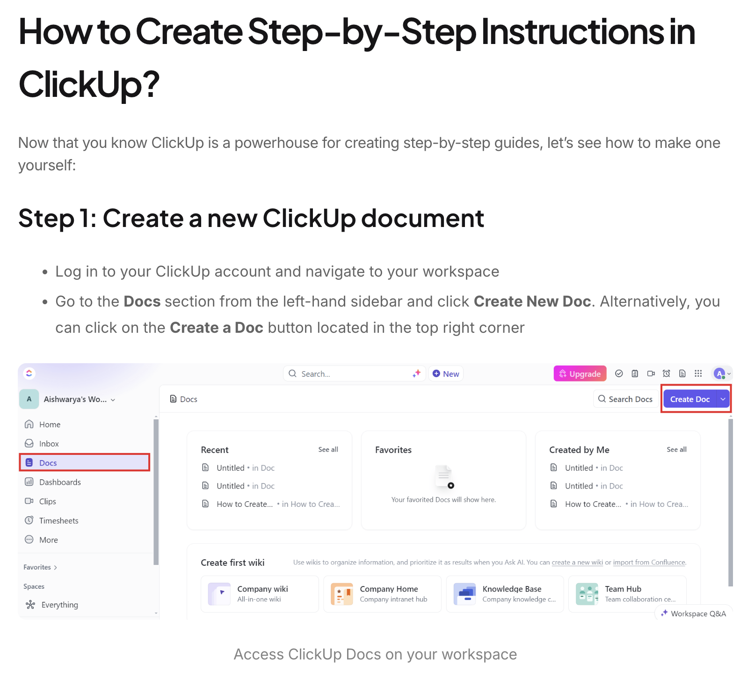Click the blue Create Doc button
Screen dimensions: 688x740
tap(689, 399)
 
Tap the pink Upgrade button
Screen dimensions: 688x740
tap(580, 373)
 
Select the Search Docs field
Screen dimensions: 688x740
tap(626, 399)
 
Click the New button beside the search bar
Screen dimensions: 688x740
tap(446, 373)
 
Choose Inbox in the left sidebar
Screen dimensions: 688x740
tap(49, 444)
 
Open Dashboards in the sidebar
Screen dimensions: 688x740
tap(60, 482)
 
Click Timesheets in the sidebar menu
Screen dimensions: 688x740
tap(58, 520)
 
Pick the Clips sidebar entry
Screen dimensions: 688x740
tap(47, 501)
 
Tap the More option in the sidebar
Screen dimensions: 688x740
tap(48, 540)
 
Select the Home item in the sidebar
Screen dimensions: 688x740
tap(50, 425)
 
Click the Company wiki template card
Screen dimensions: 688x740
tap(260, 594)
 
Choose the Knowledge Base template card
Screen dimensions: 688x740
tap(505, 594)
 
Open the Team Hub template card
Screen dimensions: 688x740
tap(627, 594)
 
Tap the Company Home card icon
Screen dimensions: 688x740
tap(342, 594)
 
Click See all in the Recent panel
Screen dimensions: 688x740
tap(328, 449)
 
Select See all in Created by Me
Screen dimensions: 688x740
tap(676, 449)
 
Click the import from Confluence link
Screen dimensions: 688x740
tap(649, 562)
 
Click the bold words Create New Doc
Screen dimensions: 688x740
tap(532, 301)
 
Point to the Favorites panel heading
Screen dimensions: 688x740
tap(393, 450)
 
